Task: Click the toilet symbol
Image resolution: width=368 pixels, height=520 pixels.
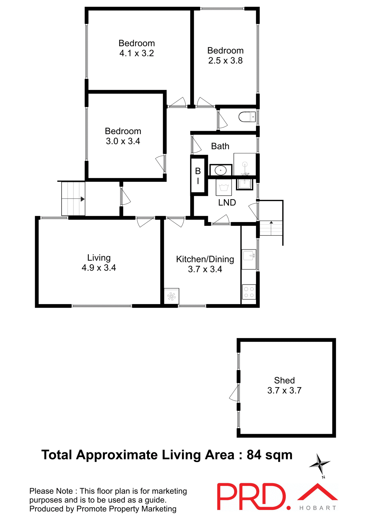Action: pyautogui.click(x=247, y=117)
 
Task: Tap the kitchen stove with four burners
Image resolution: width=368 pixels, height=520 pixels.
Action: pyautogui.click(x=249, y=292)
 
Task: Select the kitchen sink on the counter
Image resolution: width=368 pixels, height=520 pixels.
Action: pyautogui.click(x=249, y=256)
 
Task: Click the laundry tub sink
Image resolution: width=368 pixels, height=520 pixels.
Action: pyautogui.click(x=244, y=184)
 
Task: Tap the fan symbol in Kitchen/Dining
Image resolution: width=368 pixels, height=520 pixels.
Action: pyautogui.click(x=171, y=296)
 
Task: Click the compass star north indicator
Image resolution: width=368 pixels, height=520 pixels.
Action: pyautogui.click(x=320, y=464)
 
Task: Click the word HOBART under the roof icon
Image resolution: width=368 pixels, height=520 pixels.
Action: pyautogui.click(x=318, y=508)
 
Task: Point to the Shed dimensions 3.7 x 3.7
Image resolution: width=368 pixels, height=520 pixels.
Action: pyautogui.click(x=284, y=391)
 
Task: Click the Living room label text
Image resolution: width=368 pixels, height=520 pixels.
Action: pyautogui.click(x=99, y=258)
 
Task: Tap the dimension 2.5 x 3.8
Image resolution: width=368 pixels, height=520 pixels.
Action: pyautogui.click(x=225, y=61)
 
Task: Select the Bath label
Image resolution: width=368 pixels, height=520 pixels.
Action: pyautogui.click(x=220, y=146)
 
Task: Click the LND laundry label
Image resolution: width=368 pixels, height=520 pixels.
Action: pyautogui.click(x=227, y=203)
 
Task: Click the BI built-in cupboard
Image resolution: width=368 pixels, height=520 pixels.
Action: pyautogui.click(x=198, y=175)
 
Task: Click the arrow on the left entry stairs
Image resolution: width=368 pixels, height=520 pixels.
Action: pyautogui.click(x=82, y=199)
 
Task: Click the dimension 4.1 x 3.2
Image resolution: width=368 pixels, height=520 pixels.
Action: pyautogui.click(x=137, y=53)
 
